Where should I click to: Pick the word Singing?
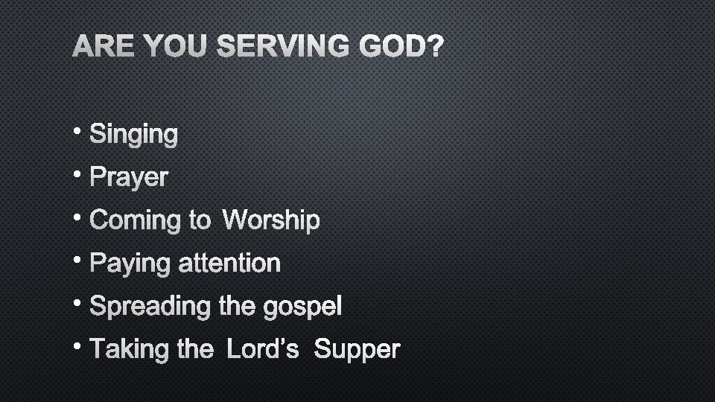pyautogui.click(x=134, y=135)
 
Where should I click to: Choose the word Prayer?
pyautogui.click(x=129, y=179)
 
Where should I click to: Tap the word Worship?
pyautogui.click(x=271, y=220)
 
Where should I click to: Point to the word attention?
pyautogui.click(x=229, y=264)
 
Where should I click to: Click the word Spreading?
pyautogui.click(x=151, y=307)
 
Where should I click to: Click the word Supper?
pyautogui.click(x=357, y=350)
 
